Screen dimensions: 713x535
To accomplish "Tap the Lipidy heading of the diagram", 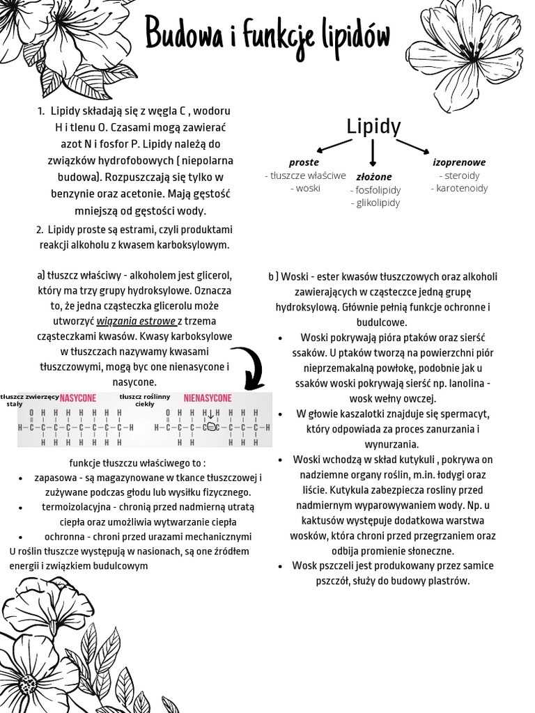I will [x=373, y=127].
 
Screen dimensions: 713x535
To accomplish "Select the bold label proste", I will [x=304, y=162].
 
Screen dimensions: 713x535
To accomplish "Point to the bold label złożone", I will [x=374, y=176].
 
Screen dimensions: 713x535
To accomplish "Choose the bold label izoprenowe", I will [x=459, y=162].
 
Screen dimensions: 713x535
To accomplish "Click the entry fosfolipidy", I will [x=375, y=189].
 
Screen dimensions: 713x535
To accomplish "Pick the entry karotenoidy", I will [x=459, y=188].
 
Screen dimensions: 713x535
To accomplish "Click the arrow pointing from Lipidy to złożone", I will [x=373, y=152].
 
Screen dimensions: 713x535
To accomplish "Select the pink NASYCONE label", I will [x=78, y=398].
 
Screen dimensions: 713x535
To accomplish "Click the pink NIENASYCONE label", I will [x=208, y=398].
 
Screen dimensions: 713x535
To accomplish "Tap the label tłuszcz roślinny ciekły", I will [x=145, y=400].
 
